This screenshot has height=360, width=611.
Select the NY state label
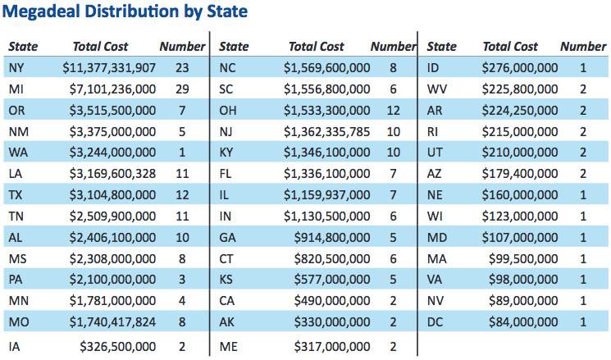pos(16,68)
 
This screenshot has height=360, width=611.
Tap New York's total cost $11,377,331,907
pos(109,68)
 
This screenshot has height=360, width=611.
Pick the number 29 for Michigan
pos(182,89)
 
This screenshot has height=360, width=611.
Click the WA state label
pos(18,153)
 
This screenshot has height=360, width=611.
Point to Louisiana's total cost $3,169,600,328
pos(112,174)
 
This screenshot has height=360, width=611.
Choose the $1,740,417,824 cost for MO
pos(112,322)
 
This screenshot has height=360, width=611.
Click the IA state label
pos(15,346)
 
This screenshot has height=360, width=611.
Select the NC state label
pos(227,68)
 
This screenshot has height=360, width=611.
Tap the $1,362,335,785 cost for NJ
pos(326,132)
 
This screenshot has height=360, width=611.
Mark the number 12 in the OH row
pos(393,111)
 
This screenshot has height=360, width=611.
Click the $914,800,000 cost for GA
pos(332,238)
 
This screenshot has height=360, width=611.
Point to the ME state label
pos(228,346)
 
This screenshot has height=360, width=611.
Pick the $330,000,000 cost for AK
pos(332,322)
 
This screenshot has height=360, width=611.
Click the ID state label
pos(433,68)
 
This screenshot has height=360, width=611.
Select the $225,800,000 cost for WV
pos(520,89)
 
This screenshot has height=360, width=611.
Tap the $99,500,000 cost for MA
pos(523,258)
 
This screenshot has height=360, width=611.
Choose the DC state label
pos(435,322)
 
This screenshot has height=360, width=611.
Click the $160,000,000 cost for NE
pos(520,195)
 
